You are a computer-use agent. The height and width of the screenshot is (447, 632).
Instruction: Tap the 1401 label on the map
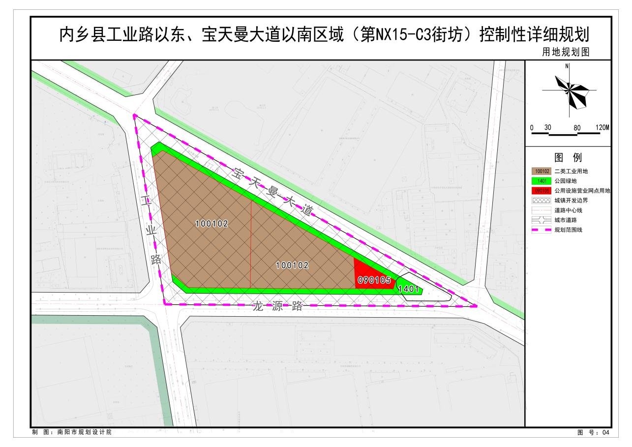408,289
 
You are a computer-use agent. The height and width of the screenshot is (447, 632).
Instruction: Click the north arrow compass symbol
570,91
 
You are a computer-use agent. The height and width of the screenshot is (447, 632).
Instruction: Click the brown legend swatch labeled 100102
541,171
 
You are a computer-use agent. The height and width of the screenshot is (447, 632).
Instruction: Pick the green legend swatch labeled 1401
541,181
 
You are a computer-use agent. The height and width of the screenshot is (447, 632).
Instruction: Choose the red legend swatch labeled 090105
541,191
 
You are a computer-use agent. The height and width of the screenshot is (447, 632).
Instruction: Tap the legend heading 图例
568,158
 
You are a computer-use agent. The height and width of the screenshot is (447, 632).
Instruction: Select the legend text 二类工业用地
571,171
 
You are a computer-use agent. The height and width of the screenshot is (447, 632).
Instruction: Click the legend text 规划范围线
568,230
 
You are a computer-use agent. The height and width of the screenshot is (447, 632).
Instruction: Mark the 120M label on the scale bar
602,127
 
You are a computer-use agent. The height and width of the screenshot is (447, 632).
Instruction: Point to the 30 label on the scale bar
547,127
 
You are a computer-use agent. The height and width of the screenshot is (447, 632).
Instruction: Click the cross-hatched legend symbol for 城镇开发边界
541,201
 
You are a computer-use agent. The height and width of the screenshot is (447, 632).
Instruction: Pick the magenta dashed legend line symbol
541,230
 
